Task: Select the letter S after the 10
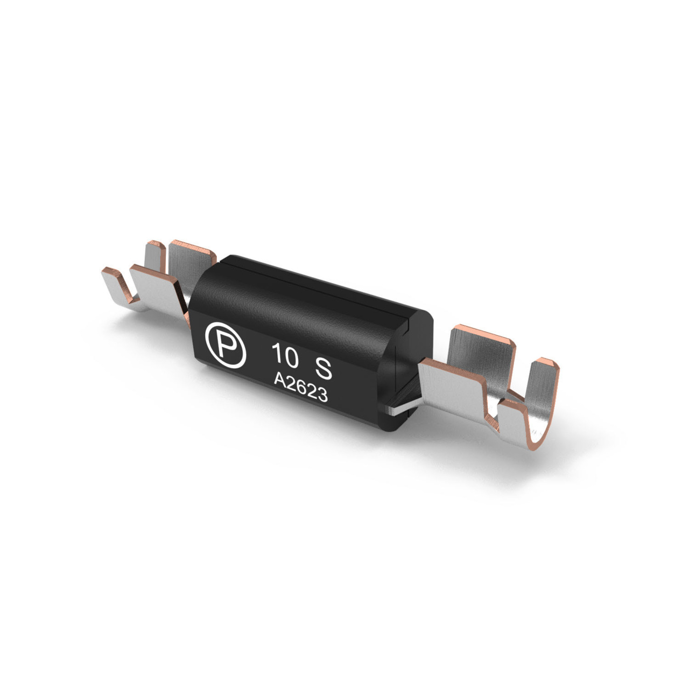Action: [x=322, y=369]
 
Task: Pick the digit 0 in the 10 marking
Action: [x=291, y=358]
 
